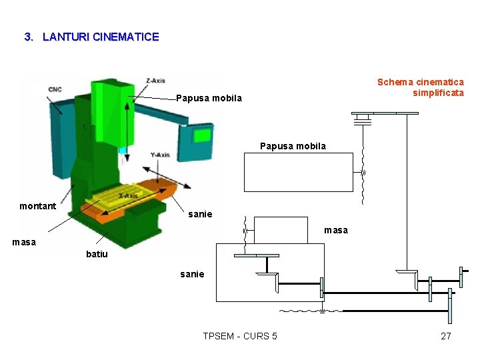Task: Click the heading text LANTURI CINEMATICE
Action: point(100,37)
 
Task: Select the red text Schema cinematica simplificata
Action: point(421,87)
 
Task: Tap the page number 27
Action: point(446,336)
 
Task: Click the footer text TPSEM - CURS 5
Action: point(240,336)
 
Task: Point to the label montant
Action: point(38,206)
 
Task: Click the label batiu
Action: point(97,254)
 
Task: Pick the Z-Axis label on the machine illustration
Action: point(155,81)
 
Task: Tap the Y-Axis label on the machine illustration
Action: point(160,155)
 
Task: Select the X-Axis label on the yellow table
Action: point(128,196)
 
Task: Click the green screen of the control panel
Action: point(201,135)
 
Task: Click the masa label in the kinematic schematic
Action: point(336,230)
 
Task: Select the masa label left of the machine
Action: point(24,242)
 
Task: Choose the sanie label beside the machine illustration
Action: point(200,214)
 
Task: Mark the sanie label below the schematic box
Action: point(193,274)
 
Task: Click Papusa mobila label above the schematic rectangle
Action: point(293,146)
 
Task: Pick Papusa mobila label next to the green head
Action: point(209,99)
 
